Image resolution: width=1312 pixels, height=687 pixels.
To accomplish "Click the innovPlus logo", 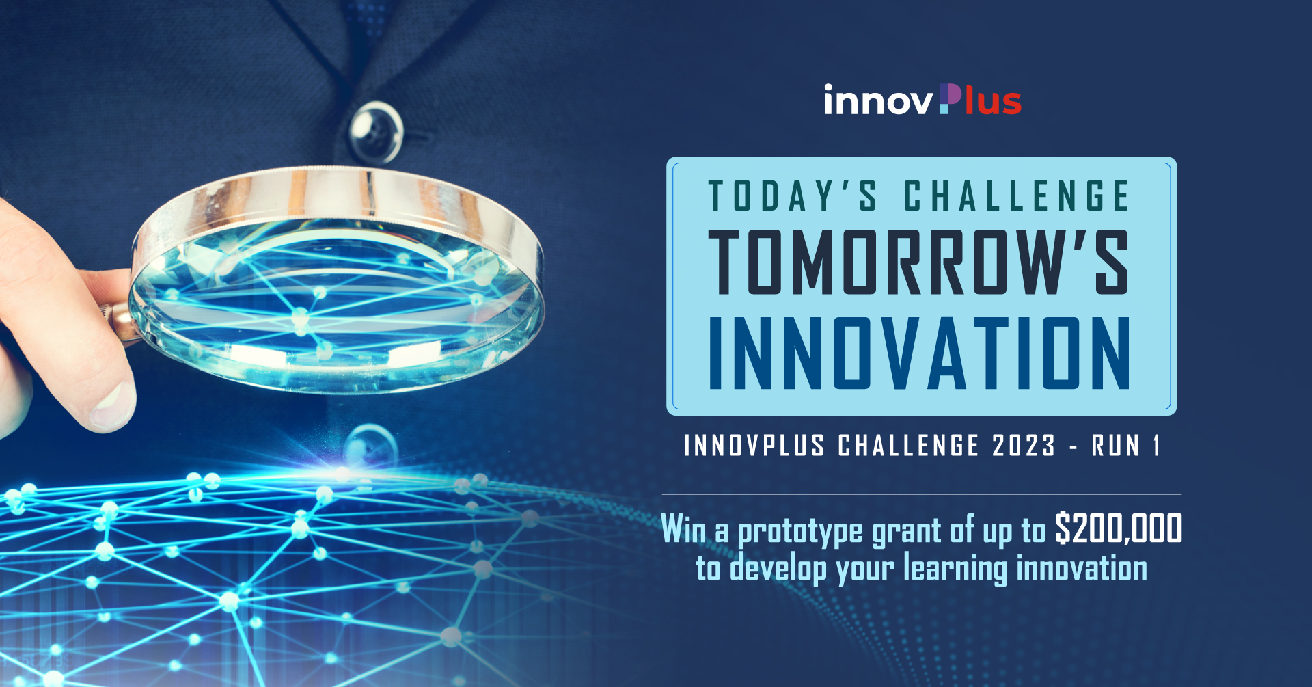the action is click(x=922, y=100).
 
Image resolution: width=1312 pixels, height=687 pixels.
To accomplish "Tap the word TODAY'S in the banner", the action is click(x=793, y=196).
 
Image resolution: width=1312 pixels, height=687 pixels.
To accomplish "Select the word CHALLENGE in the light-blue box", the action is click(x=1017, y=196).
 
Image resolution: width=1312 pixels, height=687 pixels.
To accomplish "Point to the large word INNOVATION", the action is click(x=919, y=353).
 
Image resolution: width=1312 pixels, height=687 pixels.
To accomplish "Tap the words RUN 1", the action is click(x=1126, y=446).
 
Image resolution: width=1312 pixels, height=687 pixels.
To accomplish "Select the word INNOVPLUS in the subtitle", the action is click(x=754, y=446).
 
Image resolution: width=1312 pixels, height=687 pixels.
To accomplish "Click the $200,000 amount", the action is click(x=1119, y=528).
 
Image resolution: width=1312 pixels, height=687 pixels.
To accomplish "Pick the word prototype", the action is click(x=800, y=532).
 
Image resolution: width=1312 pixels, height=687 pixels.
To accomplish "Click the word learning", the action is click(x=955, y=570).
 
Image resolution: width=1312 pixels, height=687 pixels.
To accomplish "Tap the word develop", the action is click(x=778, y=570).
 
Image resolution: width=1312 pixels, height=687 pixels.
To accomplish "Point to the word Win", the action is click(x=683, y=530).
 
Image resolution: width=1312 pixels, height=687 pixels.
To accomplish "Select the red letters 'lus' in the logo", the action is click(x=993, y=100).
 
